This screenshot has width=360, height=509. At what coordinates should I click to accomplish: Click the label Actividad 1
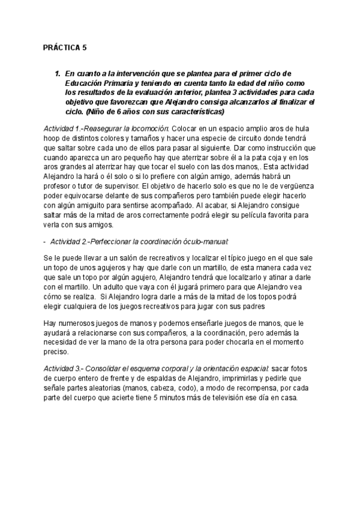click(62, 129)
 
